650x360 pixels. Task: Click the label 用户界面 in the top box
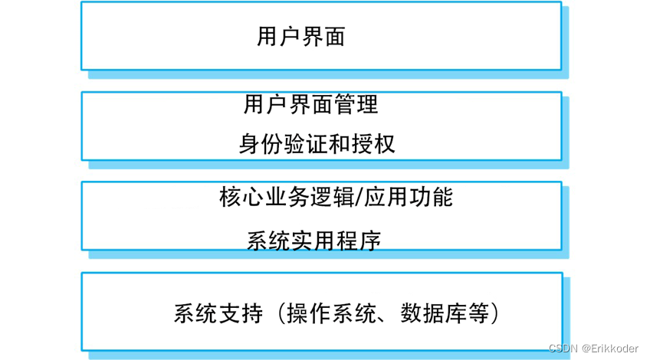point(300,37)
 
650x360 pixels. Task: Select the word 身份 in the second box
point(257,144)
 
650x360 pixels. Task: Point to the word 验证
point(301,144)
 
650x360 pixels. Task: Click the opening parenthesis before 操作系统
point(281,314)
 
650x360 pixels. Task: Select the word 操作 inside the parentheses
point(309,314)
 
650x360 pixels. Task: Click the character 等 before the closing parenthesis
point(479,314)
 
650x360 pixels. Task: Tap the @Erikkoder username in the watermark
point(610,348)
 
